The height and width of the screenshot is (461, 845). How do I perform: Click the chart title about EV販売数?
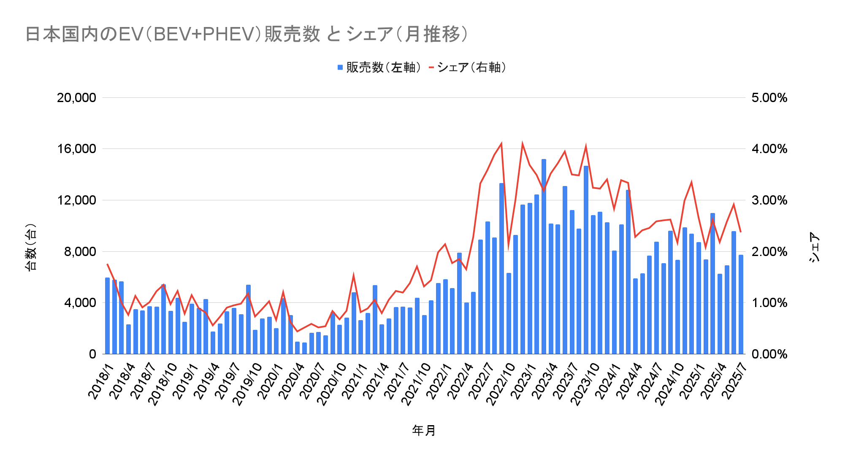click(x=246, y=34)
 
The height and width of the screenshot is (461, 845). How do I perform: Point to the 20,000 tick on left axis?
click(x=76, y=98)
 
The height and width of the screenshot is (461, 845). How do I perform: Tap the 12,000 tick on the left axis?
click(x=76, y=200)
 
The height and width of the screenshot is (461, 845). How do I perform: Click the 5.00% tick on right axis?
click(x=769, y=98)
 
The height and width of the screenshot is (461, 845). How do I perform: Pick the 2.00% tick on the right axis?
click(x=769, y=252)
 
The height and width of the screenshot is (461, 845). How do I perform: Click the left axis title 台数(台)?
click(x=30, y=247)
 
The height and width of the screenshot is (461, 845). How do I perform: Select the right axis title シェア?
click(x=814, y=247)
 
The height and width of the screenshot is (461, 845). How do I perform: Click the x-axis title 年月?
click(x=423, y=431)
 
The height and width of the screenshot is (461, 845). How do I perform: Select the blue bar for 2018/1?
click(x=107, y=316)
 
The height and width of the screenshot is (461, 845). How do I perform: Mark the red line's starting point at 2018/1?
click(x=107, y=264)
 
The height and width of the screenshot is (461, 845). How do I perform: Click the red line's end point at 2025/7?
click(x=741, y=232)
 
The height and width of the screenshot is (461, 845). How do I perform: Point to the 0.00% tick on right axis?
click(x=769, y=354)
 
